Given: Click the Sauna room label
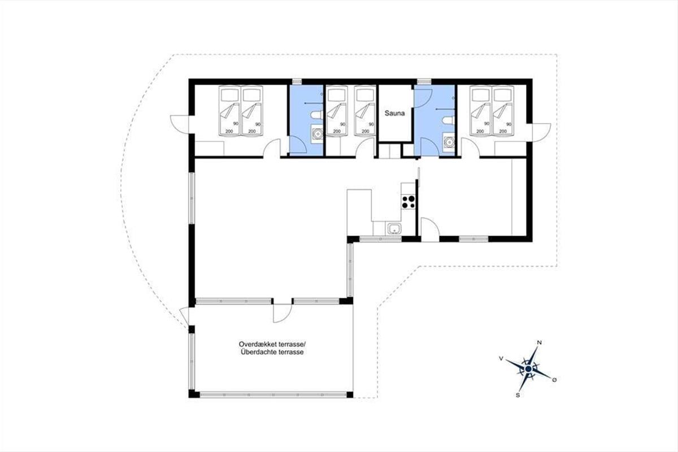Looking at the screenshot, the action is (x=395, y=114).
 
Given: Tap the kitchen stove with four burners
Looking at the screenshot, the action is (x=408, y=202).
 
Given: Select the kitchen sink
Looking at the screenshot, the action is (x=394, y=229).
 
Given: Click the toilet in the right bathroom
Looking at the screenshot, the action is (x=448, y=120).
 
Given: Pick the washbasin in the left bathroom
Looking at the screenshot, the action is (x=317, y=133).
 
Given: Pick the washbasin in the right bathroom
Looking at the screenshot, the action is (x=449, y=141).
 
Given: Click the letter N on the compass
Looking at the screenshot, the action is (x=539, y=343).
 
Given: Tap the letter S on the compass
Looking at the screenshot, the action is (x=518, y=395).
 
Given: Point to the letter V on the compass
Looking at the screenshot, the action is (x=501, y=358).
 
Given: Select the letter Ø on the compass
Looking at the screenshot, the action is (x=554, y=380).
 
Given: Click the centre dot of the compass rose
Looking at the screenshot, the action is (x=528, y=369).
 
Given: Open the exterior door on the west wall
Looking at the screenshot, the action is (x=180, y=124).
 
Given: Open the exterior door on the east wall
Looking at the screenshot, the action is (x=541, y=132).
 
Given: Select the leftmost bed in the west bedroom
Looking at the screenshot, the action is (x=229, y=111).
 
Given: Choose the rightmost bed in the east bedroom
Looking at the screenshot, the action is (x=503, y=111).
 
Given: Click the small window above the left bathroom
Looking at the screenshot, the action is (x=297, y=81).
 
